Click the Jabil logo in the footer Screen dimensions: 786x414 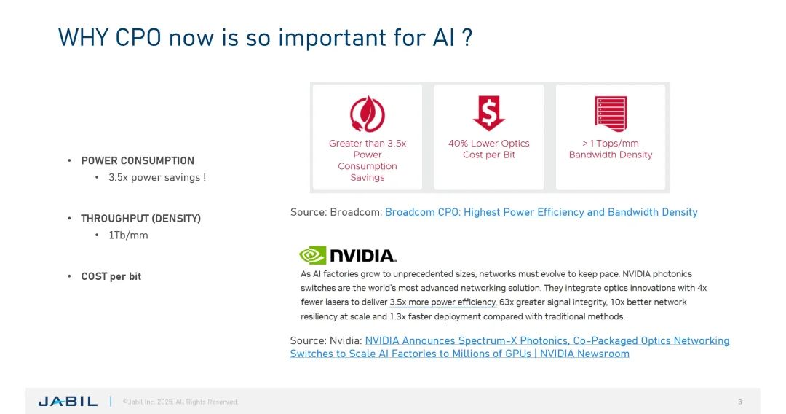(x=68, y=402)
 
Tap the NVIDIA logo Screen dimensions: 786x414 (x=348, y=255)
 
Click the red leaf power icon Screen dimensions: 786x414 (x=367, y=114)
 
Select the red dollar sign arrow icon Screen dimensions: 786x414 (x=488, y=114)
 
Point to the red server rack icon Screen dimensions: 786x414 (x=610, y=114)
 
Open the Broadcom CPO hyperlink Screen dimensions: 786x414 (x=541, y=212)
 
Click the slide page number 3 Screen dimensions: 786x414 (x=740, y=402)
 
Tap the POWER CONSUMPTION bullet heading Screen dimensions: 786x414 (x=138, y=160)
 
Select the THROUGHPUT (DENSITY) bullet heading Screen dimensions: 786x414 (x=140, y=218)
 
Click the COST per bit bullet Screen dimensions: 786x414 (x=111, y=276)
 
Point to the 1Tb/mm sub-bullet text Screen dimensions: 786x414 (x=128, y=235)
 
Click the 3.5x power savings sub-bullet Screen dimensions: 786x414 (x=156, y=177)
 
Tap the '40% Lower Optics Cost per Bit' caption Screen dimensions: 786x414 (x=488, y=149)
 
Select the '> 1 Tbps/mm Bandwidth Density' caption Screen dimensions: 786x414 (x=610, y=149)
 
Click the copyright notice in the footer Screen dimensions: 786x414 (x=180, y=402)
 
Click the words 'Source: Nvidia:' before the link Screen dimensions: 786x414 (x=325, y=340)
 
